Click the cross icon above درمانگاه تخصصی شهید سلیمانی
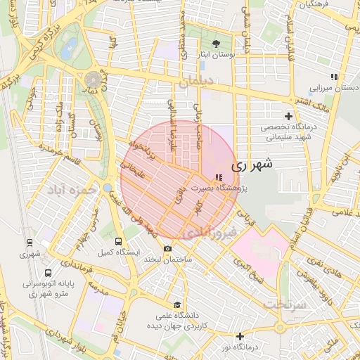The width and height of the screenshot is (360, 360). point(288,116)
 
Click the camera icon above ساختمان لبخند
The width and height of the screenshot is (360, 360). point(167,249)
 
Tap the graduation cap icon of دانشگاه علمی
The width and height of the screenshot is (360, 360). point(177,305)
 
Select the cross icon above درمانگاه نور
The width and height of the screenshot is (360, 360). point(240,336)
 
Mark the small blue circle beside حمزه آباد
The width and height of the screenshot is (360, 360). point(107,188)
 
